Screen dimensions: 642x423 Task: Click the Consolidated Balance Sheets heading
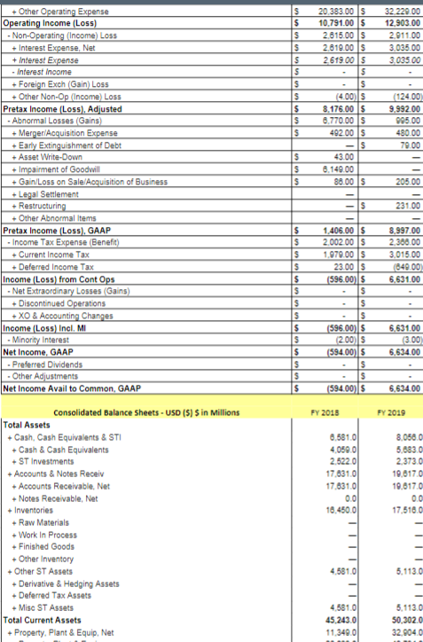pos(146,412)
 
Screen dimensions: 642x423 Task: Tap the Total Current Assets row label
pos(43,619)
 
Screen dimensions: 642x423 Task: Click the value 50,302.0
pos(399,619)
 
